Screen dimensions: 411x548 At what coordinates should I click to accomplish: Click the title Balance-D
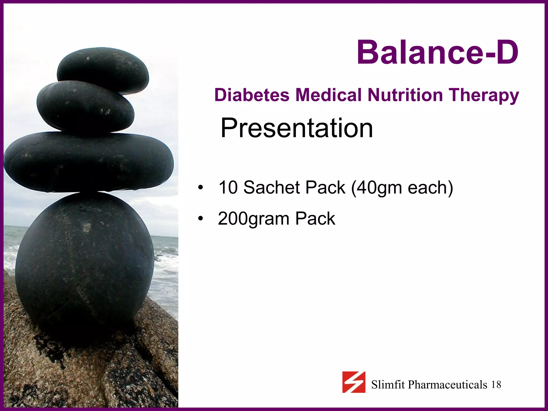[438, 52]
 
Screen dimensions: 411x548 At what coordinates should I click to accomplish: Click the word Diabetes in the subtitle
[252, 95]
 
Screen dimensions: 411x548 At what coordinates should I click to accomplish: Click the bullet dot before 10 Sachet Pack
[200, 188]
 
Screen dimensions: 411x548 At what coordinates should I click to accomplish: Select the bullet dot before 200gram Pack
[200, 219]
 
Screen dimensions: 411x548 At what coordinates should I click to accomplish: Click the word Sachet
[272, 187]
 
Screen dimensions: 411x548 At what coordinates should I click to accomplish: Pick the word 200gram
[253, 219]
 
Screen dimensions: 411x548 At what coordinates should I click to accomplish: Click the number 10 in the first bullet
[228, 187]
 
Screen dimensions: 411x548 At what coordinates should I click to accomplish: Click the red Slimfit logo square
[354, 382]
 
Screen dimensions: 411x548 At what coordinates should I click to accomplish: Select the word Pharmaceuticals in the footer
[447, 385]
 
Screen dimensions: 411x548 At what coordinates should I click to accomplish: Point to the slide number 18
[496, 385]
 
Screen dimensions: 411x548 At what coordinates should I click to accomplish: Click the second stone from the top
[85, 107]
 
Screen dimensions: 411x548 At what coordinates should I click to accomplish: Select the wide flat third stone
[88, 162]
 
